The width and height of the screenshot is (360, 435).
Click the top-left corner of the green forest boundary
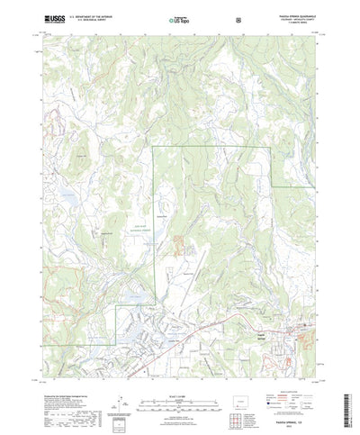click(x=153, y=147)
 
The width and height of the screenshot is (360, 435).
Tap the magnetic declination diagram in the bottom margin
click(x=122, y=393)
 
